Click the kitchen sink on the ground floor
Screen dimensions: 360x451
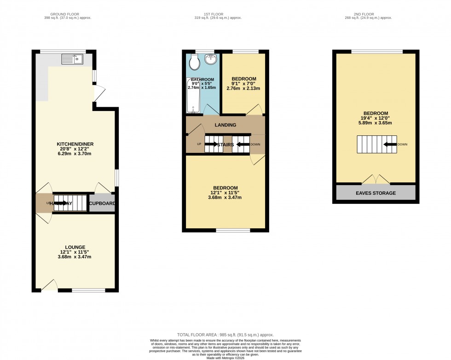[72, 59]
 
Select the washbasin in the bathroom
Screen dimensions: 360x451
[211, 59]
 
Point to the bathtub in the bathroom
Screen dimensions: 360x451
[191, 95]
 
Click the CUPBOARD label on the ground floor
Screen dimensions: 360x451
[102, 203]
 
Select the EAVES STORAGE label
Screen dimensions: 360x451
[376, 193]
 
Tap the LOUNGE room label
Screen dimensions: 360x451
[75, 247]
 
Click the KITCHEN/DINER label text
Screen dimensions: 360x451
[76, 144]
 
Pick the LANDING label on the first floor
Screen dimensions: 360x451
[225, 125]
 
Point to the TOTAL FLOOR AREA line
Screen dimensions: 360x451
[225, 334]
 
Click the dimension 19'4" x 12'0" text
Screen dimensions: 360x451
[376, 118]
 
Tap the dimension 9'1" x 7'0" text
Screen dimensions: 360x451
[243, 83]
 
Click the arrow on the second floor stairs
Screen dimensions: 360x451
[391, 144]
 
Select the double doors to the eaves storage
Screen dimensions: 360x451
[376, 180]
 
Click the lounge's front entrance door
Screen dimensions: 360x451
[49, 285]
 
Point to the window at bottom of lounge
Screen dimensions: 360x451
[88, 290]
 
